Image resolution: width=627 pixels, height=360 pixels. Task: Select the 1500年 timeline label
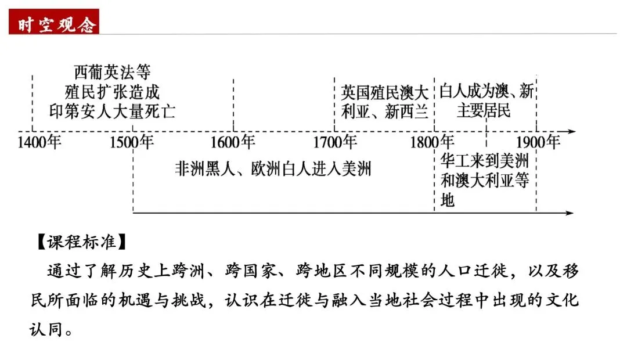(x=132, y=142)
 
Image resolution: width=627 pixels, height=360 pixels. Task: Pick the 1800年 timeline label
(x=433, y=142)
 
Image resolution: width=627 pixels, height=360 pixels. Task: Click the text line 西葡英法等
(x=112, y=73)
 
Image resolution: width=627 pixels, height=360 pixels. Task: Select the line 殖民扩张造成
(x=112, y=92)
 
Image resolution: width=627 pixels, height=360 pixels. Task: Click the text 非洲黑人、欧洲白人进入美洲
(x=273, y=169)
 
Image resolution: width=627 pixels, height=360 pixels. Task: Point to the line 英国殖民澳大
(x=384, y=92)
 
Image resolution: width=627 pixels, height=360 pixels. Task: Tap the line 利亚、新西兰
(x=384, y=111)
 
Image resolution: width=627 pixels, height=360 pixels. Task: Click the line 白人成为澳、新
(x=487, y=91)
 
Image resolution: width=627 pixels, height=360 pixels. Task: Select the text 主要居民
(x=484, y=110)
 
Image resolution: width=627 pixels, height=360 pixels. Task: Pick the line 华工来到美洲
(x=485, y=161)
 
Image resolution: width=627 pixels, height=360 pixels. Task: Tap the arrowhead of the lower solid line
(x=570, y=213)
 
